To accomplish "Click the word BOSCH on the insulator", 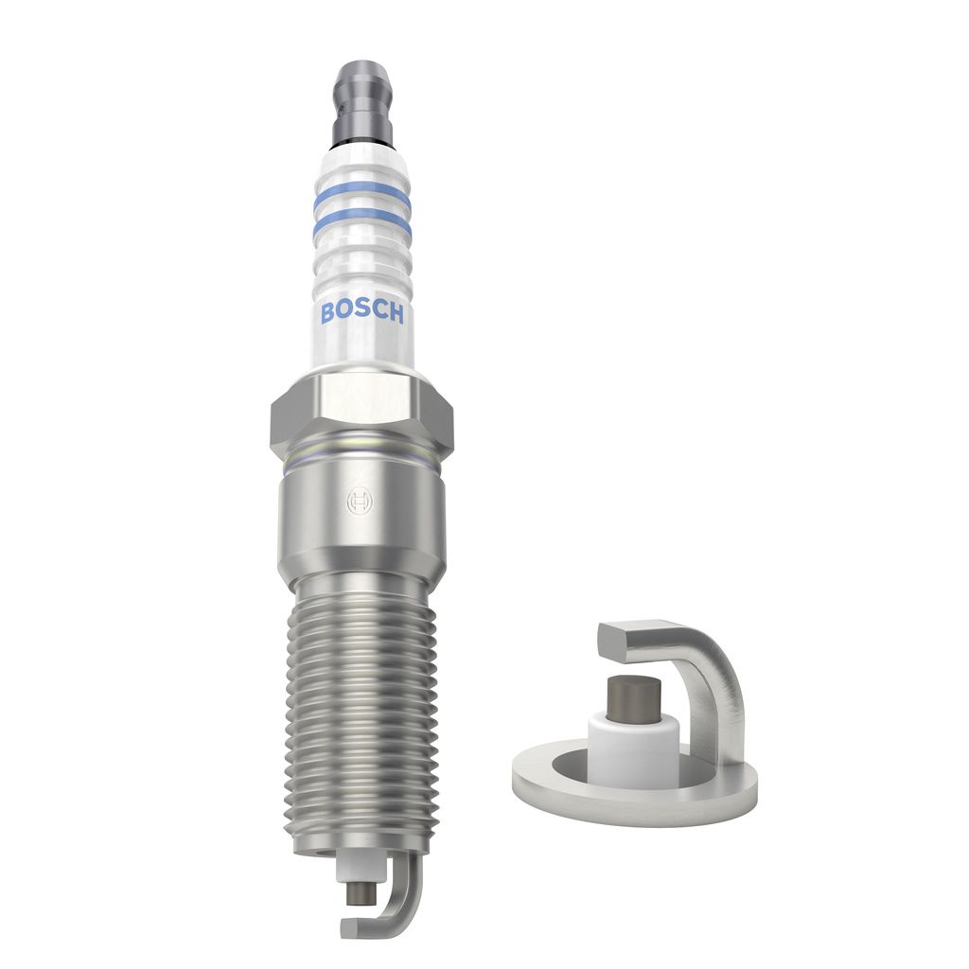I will (x=362, y=313).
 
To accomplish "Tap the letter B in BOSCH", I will (x=327, y=313).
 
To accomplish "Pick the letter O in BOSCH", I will (x=344, y=313).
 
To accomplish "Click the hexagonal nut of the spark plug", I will (x=361, y=414).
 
